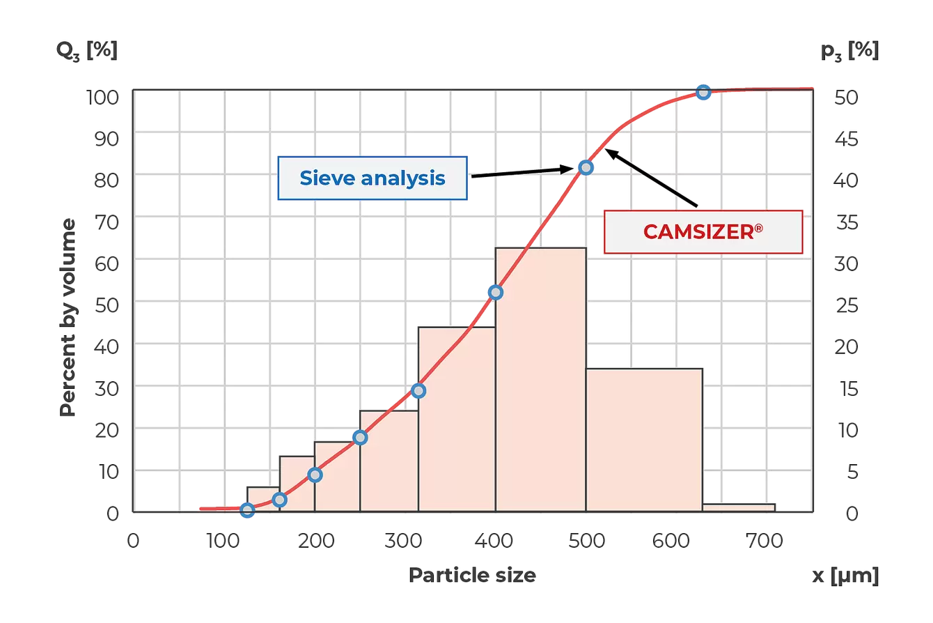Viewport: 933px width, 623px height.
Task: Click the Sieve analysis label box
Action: coord(373,178)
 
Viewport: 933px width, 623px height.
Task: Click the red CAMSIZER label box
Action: coord(703,231)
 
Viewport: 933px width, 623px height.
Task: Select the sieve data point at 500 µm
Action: coord(586,167)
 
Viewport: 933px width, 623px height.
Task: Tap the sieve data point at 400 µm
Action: coord(495,292)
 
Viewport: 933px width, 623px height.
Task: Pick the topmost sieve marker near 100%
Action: coord(703,92)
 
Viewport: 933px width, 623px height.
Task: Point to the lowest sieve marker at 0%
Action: coord(247,511)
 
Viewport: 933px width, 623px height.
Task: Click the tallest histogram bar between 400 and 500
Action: coord(540,380)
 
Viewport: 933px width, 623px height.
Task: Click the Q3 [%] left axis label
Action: coord(87,51)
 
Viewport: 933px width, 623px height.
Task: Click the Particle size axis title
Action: coord(472,575)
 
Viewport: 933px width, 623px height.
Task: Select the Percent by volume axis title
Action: coord(68,317)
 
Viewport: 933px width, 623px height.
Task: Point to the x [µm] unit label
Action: coord(845,576)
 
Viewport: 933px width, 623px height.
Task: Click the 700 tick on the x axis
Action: coord(767,541)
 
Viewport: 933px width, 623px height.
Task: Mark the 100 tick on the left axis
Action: coord(102,96)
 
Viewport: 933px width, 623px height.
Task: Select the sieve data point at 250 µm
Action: coord(359,438)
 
